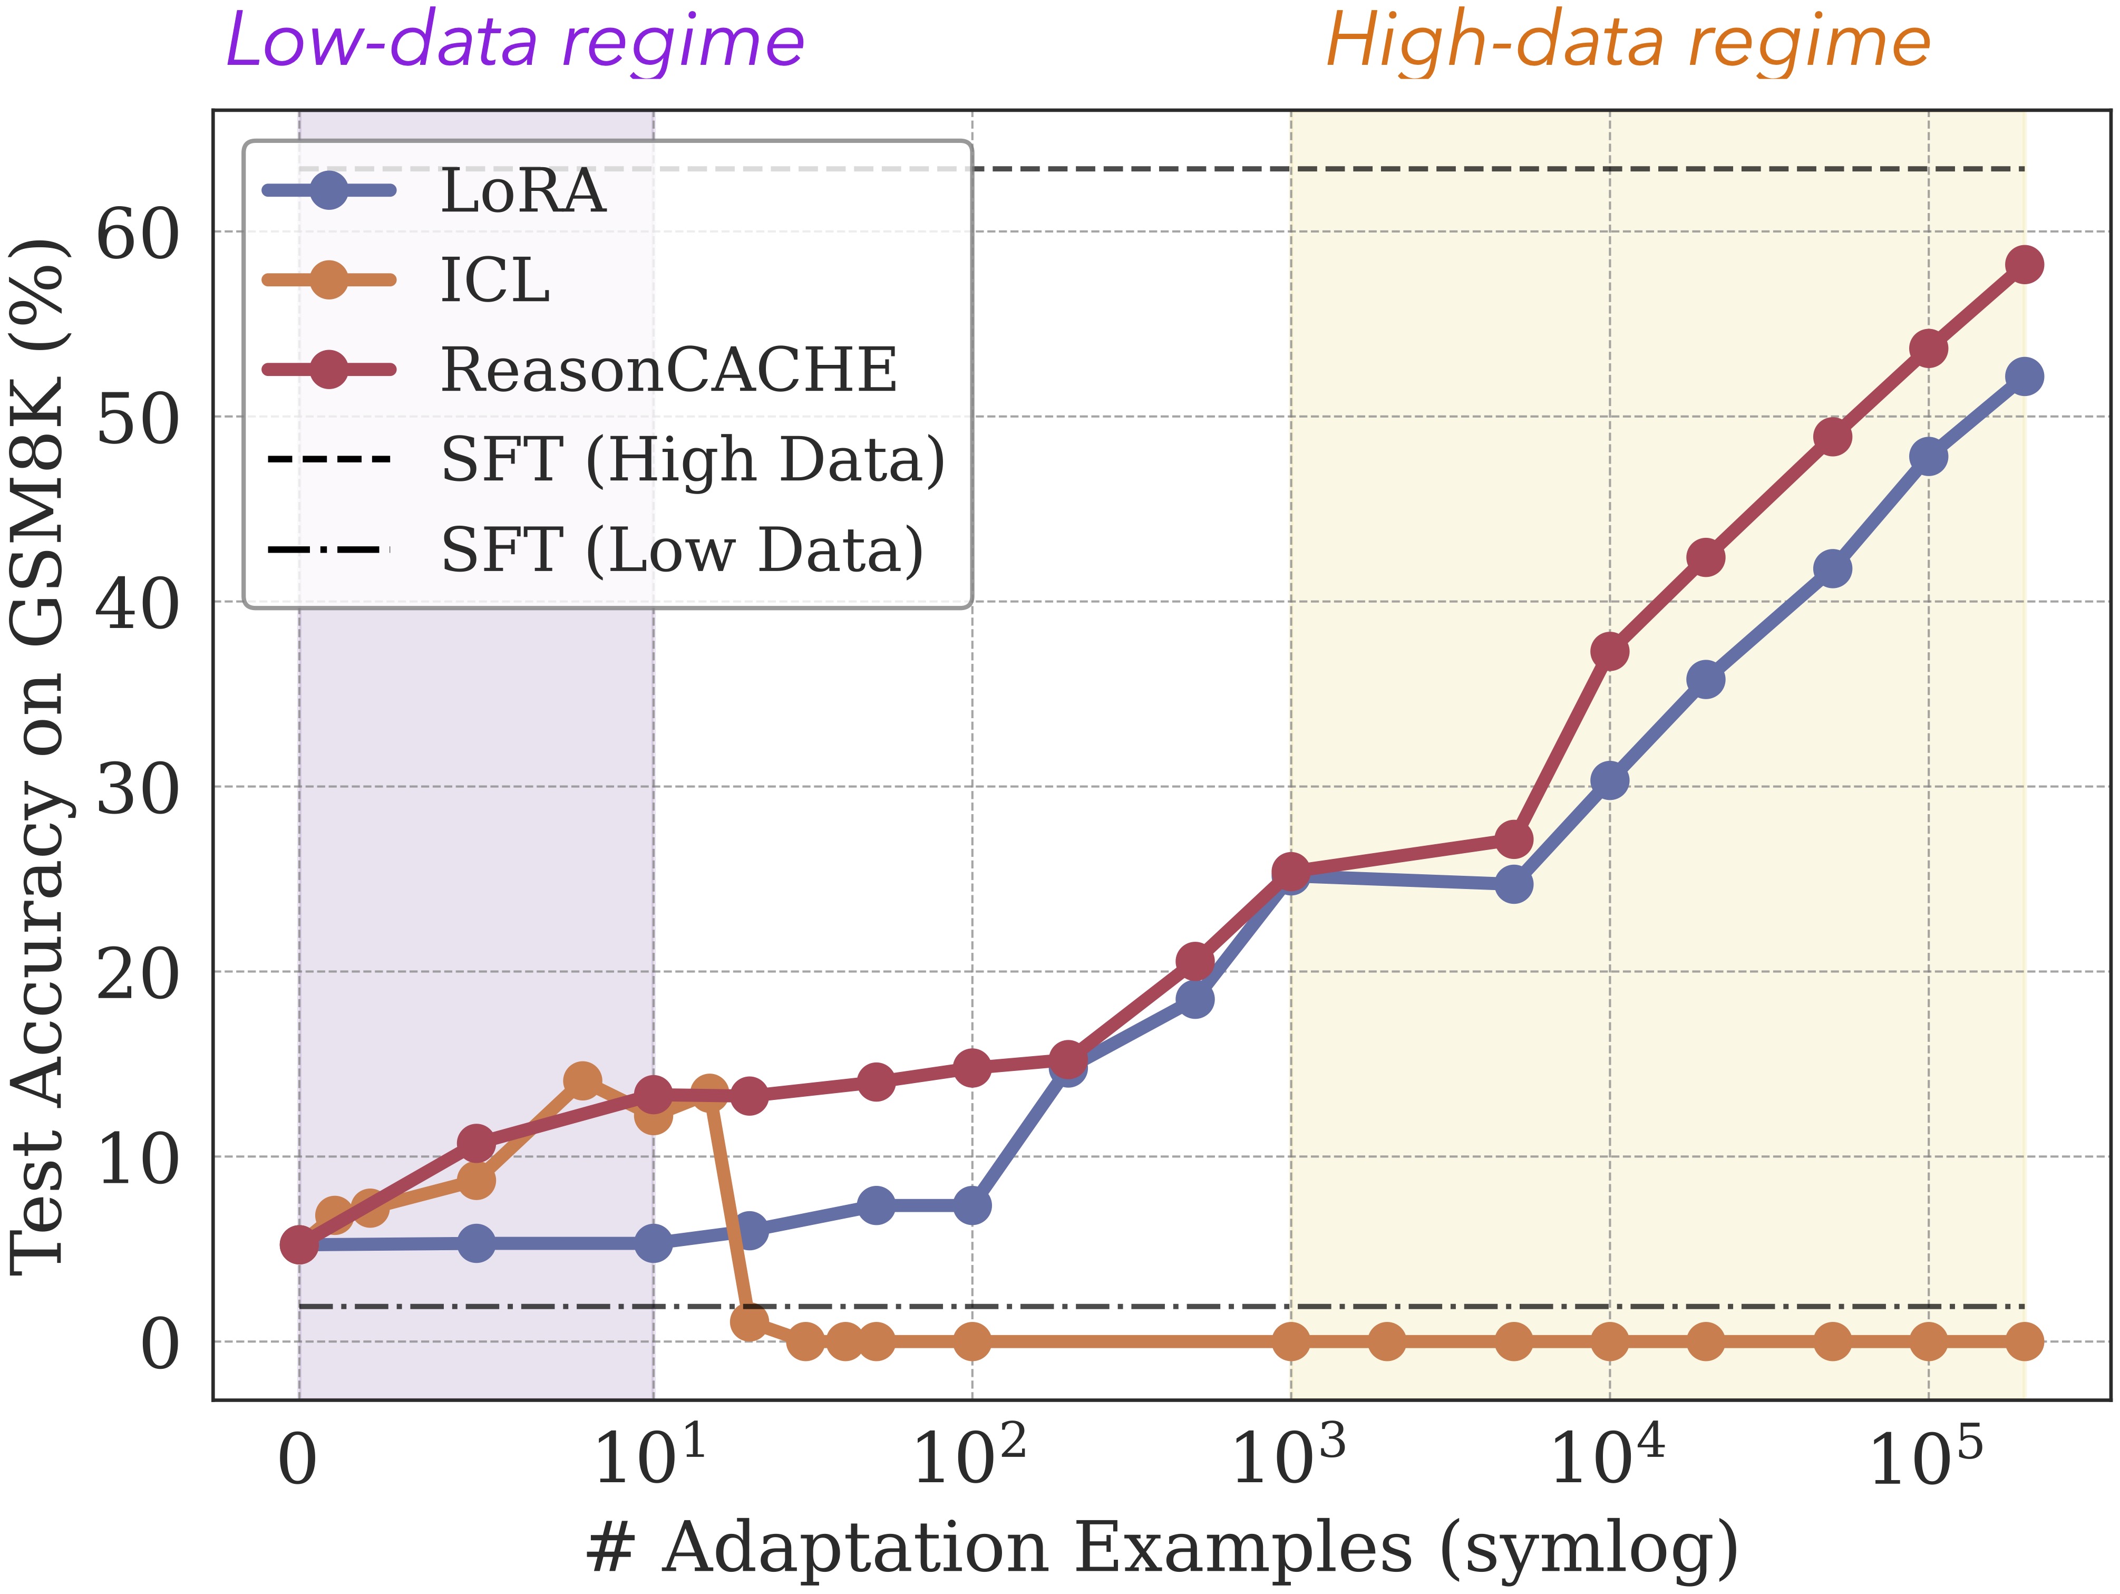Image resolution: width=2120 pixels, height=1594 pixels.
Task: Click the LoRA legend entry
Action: (x=522, y=191)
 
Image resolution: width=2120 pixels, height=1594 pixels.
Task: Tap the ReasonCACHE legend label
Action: (x=668, y=370)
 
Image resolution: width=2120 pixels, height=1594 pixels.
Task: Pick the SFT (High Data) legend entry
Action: (x=692, y=459)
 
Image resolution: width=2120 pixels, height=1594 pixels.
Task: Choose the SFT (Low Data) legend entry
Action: (x=682, y=549)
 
